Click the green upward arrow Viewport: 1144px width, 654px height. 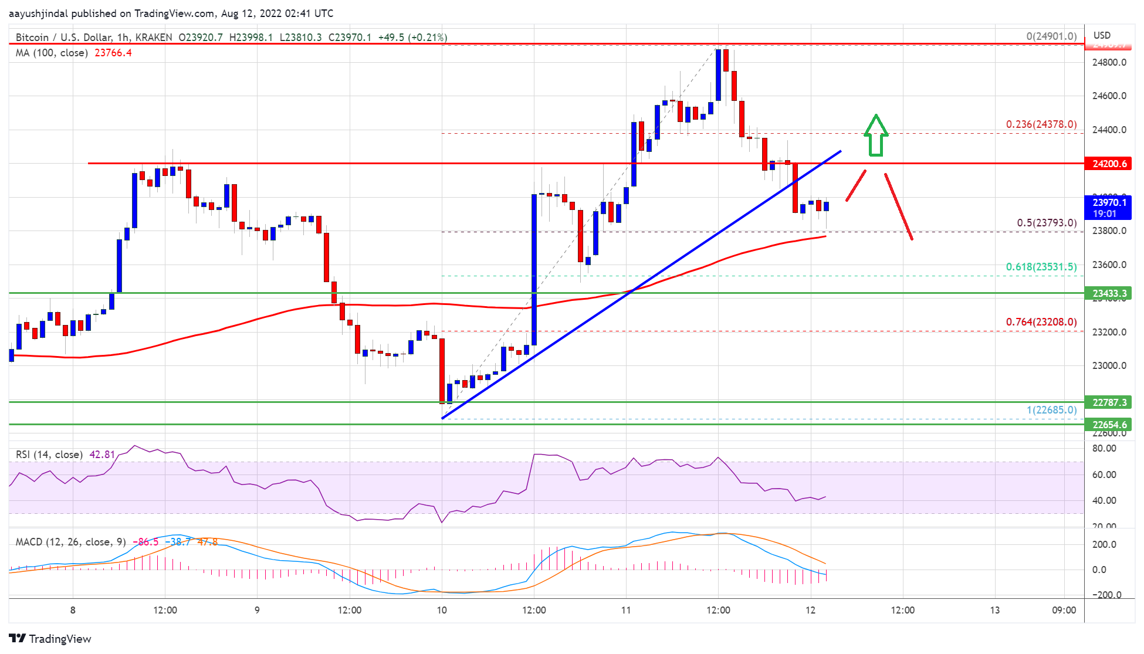coord(875,136)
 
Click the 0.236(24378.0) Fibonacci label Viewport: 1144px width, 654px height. coord(1041,124)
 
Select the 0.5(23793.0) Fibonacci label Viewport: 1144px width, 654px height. coord(1046,223)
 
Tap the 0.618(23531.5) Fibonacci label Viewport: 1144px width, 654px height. coord(1041,267)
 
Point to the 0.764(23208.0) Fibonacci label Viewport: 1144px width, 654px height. coord(1041,322)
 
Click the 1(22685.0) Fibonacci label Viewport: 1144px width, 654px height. coord(1051,410)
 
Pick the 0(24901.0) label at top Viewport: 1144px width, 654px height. coord(1051,36)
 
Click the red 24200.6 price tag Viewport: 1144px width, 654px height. coord(1108,164)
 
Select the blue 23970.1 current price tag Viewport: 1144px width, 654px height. coord(1108,208)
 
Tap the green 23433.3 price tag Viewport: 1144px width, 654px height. coord(1108,293)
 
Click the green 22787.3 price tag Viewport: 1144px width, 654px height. coord(1108,402)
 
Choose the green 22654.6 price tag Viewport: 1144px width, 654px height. coord(1108,425)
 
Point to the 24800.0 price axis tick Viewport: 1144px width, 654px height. coord(1109,63)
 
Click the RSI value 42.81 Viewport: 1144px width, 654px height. coord(102,455)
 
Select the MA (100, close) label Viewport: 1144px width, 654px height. coord(52,53)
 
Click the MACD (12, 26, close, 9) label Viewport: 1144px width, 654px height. coord(70,542)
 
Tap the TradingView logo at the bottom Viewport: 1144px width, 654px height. coord(50,639)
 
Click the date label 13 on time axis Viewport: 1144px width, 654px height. coord(994,610)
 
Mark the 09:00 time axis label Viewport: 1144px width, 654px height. coord(1064,610)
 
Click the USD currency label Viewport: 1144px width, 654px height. coord(1102,35)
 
